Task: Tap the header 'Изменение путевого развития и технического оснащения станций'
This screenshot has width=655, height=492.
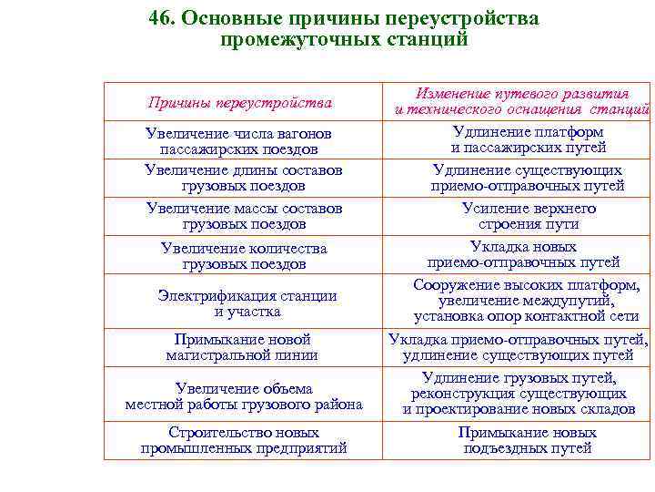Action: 521,101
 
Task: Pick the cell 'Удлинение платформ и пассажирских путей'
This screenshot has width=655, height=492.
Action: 527,139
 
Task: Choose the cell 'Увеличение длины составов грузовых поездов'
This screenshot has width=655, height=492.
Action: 243,178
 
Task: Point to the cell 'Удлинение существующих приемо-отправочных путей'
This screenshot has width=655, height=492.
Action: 527,178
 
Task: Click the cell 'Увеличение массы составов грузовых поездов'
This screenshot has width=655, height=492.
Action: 244,216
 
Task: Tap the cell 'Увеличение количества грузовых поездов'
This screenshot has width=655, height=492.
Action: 244,256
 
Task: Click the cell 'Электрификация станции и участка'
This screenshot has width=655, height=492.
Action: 247,303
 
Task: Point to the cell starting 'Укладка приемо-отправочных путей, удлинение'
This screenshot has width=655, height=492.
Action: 519,347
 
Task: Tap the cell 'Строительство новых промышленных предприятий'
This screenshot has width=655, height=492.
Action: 244,440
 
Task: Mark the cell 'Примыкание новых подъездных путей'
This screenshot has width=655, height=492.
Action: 527,440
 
